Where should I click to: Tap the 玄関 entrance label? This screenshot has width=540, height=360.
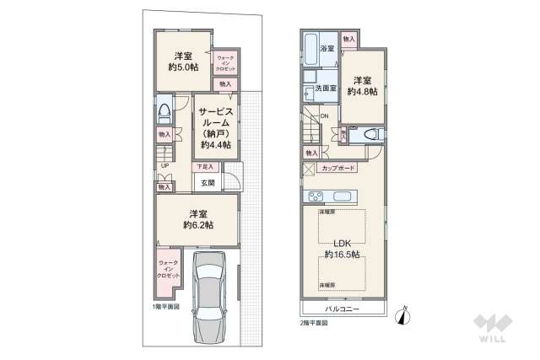tap(208, 183)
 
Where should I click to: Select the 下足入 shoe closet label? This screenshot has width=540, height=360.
tap(206, 168)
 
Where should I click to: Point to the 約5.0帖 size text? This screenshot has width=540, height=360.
tap(181, 67)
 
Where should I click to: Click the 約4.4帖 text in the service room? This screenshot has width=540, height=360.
tap(216, 144)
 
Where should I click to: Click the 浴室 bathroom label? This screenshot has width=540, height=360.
tap(327, 49)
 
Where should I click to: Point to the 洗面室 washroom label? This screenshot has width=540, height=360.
tap(326, 88)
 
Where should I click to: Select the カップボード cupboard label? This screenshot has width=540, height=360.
tap(339, 169)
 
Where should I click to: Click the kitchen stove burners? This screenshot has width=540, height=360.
tap(314, 197)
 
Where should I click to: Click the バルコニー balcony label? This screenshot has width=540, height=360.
tap(343, 310)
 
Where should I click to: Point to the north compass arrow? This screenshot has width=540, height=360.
tap(404, 316)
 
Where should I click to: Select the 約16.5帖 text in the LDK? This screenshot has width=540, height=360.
tap(343, 254)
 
